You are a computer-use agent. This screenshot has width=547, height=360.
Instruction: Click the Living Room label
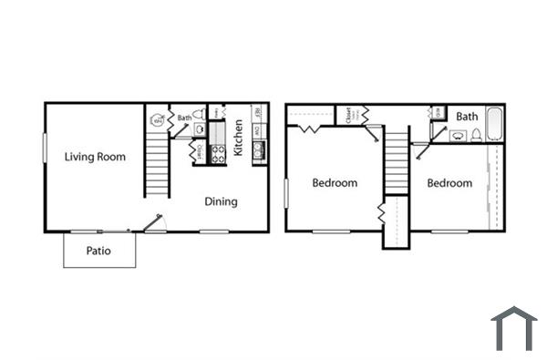click(95, 157)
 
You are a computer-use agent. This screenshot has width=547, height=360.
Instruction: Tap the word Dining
click(221, 201)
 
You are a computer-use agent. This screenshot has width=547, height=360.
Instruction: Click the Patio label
click(98, 251)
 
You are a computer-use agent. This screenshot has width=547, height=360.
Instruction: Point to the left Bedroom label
click(335, 183)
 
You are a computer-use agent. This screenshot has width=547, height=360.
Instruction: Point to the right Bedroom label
click(449, 183)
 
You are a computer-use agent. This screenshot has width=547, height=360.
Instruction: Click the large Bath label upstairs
click(467, 117)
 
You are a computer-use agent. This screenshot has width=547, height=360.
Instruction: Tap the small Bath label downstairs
click(184, 118)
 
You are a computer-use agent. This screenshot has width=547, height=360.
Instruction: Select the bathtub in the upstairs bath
click(494, 124)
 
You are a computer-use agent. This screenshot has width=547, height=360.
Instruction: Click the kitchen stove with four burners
click(218, 154)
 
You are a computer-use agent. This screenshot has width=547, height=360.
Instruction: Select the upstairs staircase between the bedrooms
click(395, 164)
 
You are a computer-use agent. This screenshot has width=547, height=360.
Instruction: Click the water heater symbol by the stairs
click(157, 119)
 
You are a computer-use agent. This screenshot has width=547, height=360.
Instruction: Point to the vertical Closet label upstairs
click(348, 115)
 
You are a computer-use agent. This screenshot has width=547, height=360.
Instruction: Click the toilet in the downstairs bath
click(200, 129)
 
